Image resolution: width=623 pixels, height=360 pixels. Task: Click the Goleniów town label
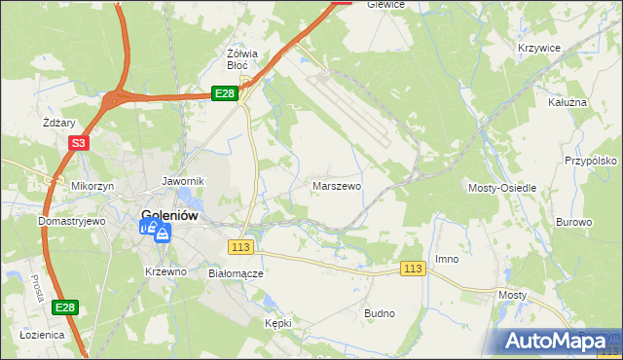171,216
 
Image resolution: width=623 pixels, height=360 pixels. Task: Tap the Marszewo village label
337,185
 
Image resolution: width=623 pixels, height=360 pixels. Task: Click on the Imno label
447,259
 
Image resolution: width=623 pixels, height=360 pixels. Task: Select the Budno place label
379,313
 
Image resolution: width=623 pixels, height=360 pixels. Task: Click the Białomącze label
237,273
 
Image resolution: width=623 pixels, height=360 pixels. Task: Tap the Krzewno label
165,271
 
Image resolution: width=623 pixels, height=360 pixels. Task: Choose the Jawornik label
182,181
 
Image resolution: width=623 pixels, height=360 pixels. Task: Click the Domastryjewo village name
71,221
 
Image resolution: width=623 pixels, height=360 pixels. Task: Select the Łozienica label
42,334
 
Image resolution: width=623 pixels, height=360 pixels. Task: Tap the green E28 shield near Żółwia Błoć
225,92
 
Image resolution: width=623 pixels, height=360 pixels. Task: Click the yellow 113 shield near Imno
414,268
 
